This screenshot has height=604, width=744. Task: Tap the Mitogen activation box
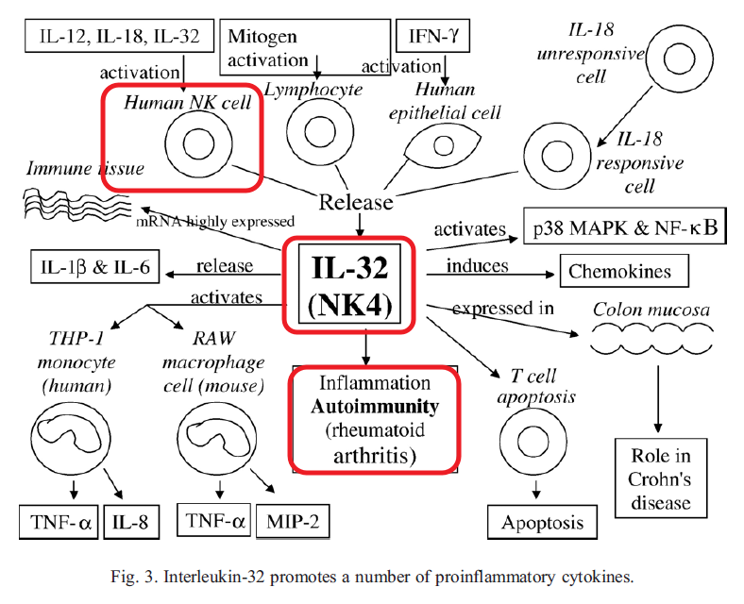pyautogui.click(x=304, y=47)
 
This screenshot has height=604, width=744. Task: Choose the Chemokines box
pyautogui.click(x=619, y=272)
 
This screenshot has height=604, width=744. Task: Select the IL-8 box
pyautogui.click(x=130, y=519)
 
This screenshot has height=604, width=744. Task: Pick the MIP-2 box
pyautogui.click(x=293, y=520)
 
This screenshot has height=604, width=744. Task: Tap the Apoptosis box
pyautogui.click(x=542, y=522)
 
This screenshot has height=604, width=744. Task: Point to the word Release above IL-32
pyautogui.click(x=355, y=201)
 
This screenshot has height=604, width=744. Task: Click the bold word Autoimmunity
pyautogui.click(x=375, y=408)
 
